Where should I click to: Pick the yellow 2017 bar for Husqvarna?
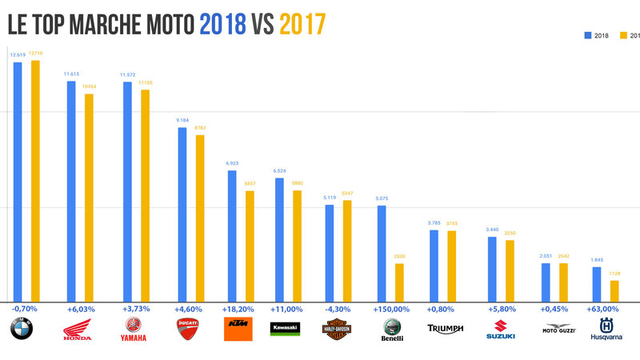point(614,290)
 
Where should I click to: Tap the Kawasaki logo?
point(285,329)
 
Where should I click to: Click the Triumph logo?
point(445,329)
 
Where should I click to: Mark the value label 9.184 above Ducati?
point(182,121)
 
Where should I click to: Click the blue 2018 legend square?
point(589,35)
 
